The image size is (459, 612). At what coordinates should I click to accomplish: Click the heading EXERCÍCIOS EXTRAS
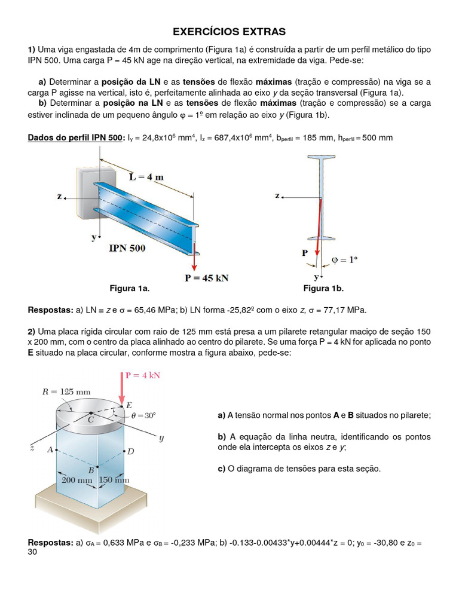point(229,31)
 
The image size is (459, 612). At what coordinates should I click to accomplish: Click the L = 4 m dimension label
point(146,176)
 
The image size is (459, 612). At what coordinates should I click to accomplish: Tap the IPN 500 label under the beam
point(127,248)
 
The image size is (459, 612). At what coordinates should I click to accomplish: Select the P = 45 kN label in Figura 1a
point(206,278)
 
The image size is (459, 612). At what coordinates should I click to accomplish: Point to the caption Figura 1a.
point(129,289)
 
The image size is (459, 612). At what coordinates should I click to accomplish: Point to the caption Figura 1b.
point(323,289)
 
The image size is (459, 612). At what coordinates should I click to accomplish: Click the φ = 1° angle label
point(345,260)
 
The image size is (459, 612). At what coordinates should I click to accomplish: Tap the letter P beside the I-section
point(305,253)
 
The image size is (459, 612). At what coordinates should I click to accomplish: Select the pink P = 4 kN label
point(143,376)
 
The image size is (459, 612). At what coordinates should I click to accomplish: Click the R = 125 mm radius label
point(67,392)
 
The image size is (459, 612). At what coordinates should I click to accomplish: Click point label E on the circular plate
point(129,405)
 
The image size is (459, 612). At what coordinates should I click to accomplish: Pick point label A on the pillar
point(50,449)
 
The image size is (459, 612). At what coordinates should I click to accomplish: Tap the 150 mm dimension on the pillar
point(114,479)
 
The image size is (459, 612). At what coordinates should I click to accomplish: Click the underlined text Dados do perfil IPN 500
point(75,138)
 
